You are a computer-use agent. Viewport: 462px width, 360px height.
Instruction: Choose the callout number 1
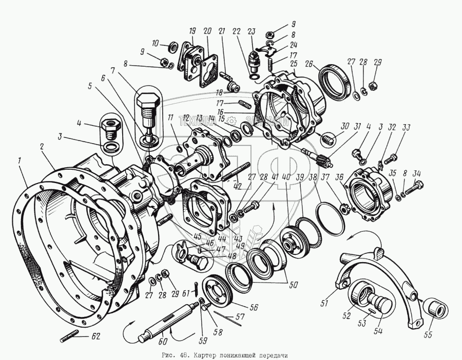click(x=20, y=161)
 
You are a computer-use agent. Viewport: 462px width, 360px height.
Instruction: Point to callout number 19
click(x=192, y=30)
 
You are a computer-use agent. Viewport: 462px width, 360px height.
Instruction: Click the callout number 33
click(x=407, y=128)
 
